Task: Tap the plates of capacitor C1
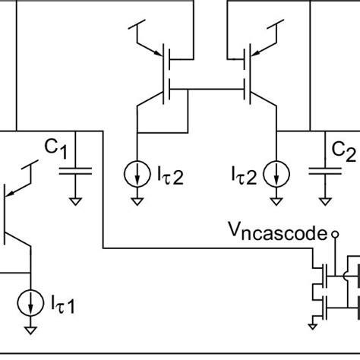tap(75, 170)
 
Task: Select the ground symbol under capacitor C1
tap(75, 201)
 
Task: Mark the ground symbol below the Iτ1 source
tap(30, 330)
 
